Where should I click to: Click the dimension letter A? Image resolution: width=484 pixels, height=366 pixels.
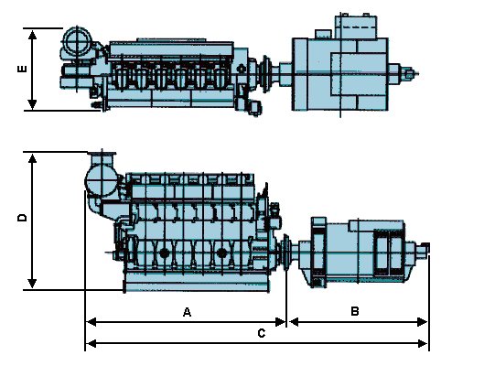point(187,312)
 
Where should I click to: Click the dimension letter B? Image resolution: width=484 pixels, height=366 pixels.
point(355,311)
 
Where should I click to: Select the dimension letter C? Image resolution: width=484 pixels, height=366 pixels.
point(262,333)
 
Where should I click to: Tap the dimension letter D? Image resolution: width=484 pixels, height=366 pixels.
point(22,217)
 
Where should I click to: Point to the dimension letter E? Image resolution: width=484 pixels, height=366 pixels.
point(22,69)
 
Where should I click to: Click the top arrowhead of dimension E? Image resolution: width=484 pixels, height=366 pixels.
point(32,35)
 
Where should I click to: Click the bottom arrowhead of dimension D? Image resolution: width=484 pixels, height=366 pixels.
point(32,284)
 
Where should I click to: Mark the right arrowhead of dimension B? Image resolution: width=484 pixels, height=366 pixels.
point(423,322)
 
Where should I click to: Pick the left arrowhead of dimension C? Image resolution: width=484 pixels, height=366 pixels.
point(91,343)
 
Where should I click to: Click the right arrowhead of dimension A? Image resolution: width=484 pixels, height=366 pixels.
point(280,322)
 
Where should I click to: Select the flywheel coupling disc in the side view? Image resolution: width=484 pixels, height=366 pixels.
point(286,252)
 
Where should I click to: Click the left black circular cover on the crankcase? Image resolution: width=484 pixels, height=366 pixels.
point(165,253)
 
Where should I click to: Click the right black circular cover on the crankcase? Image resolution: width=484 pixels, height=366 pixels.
point(221,253)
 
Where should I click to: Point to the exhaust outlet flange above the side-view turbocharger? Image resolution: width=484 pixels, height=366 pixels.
point(102,154)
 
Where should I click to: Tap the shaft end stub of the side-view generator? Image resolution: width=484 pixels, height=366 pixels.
point(424,248)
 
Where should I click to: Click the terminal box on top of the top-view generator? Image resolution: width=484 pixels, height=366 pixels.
point(356,27)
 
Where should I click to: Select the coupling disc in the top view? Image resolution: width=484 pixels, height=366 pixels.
point(265,73)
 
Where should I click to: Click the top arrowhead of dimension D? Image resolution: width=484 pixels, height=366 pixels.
point(32,158)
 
